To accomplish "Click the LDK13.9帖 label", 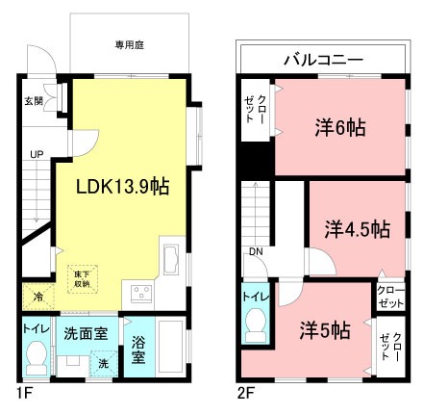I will pyautogui.click(x=123, y=188).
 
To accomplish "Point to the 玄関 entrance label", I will pyautogui.click(x=33, y=100).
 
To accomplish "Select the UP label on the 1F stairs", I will pyautogui.click(x=36, y=154).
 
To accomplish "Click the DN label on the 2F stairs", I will pyautogui.click(x=255, y=252).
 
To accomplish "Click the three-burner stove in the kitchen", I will pyautogui.click(x=143, y=293).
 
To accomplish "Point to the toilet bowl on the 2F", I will pyautogui.click(x=255, y=327).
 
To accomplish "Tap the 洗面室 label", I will pyautogui.click(x=85, y=334).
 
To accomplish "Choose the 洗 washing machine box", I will pyautogui.click(x=102, y=363).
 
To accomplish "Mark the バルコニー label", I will pyautogui.click(x=322, y=60).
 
